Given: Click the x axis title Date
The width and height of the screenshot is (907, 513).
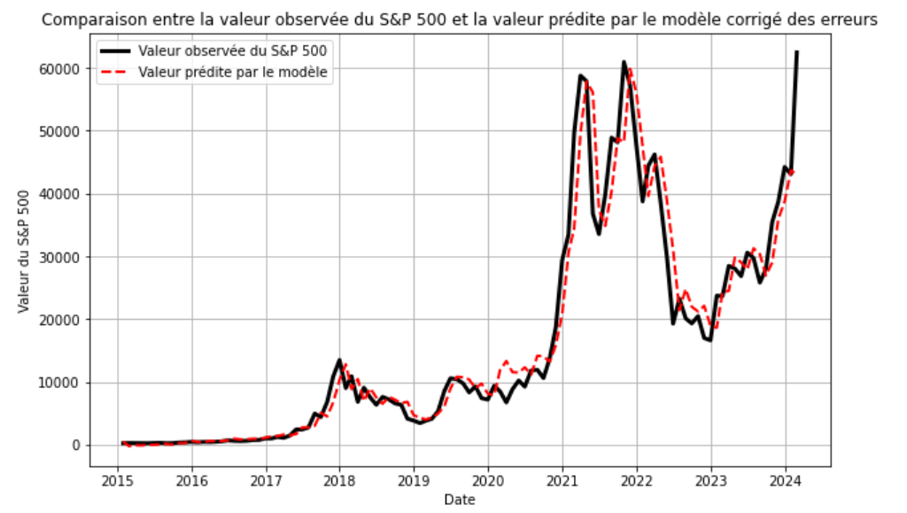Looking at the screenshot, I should coord(459,500).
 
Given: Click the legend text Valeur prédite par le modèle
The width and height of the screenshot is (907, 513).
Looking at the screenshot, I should coord(235,74).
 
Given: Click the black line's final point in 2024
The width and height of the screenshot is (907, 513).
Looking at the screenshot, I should coord(796,51).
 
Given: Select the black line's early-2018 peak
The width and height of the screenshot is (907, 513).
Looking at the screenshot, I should coord(339,361).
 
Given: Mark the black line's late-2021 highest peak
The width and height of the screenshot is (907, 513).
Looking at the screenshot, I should coord(624,62).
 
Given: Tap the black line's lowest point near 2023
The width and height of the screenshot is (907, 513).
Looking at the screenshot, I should coord(710,340).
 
